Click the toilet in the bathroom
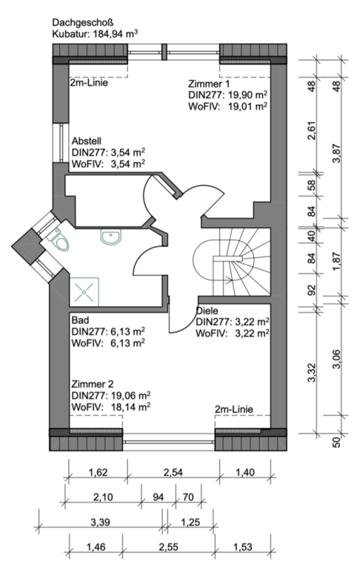pyautogui.click(x=59, y=240)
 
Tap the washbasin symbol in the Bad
pyautogui.click(x=110, y=237)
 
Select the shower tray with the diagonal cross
pyautogui.click(x=84, y=291)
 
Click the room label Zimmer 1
pyautogui.click(x=209, y=84)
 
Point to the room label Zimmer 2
pyautogui.click(x=93, y=384)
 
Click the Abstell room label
pyautogui.click(x=87, y=141)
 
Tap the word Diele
pyautogui.click(x=207, y=310)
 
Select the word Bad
pyautogui.click(x=80, y=320)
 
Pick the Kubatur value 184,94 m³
pyautogui.click(x=116, y=34)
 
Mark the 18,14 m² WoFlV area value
pyautogui.click(x=130, y=407)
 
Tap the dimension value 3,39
pyautogui.click(x=100, y=522)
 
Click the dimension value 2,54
pyautogui.click(x=173, y=472)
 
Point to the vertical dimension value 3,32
pyautogui.click(x=312, y=373)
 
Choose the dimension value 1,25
pyautogui.click(x=190, y=522)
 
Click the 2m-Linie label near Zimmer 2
pyautogui.click(x=234, y=409)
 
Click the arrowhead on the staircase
pyautogui.click(x=230, y=279)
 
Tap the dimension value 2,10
pyautogui.click(x=103, y=497)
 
